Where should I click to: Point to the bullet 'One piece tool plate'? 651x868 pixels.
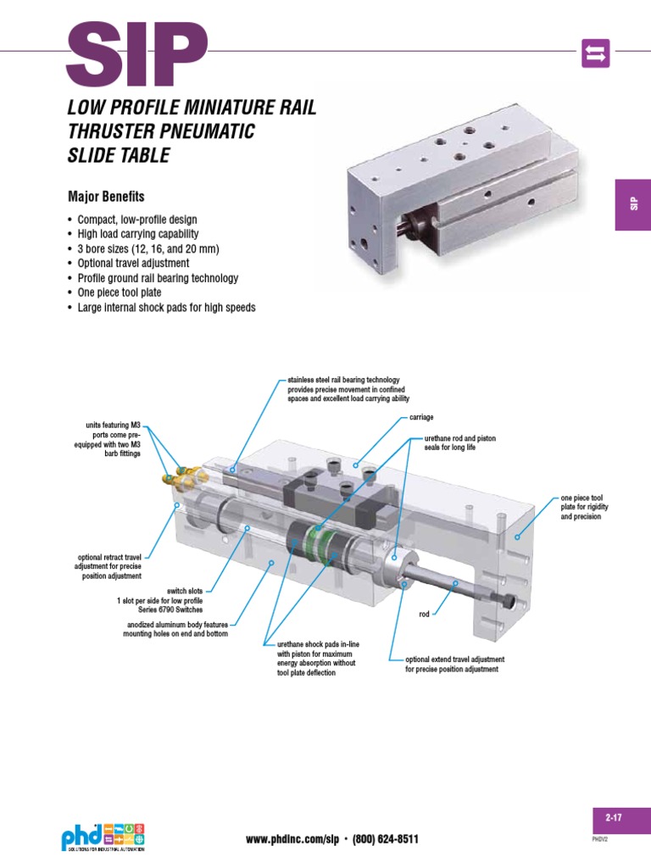pyautogui.click(x=128, y=292)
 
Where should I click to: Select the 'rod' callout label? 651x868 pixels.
pyautogui.click(x=426, y=614)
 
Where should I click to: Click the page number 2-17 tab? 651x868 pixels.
pyautogui.click(x=614, y=818)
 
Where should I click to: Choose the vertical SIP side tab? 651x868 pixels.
pyautogui.click(x=632, y=204)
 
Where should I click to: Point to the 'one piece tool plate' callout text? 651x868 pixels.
pyautogui.click(x=581, y=507)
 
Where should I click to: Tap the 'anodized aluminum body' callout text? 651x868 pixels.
pyautogui.click(x=177, y=629)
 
